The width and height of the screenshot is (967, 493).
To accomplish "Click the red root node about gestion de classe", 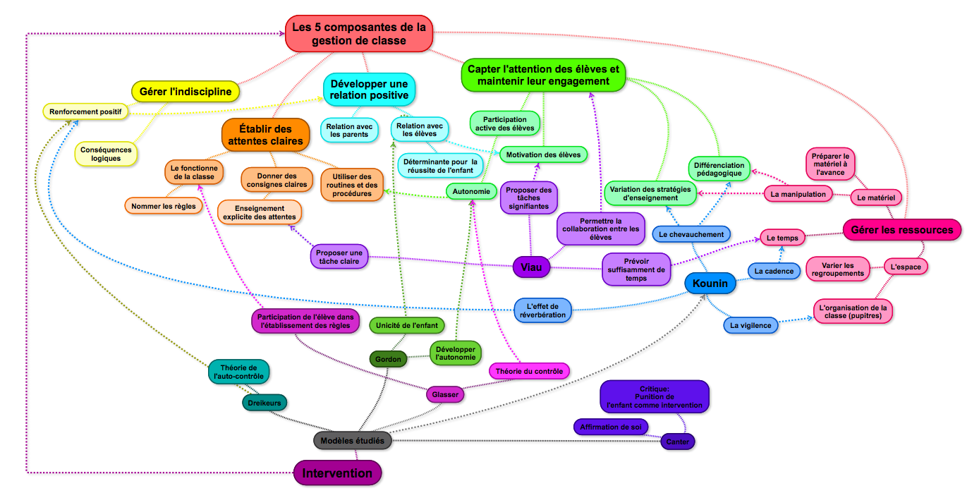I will pyautogui.click(x=359, y=34).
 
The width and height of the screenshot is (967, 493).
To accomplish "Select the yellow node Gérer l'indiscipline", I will pyautogui.click(x=186, y=92).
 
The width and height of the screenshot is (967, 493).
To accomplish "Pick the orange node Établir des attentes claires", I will pyautogui.click(x=265, y=135).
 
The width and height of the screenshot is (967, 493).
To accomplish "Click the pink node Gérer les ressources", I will pyautogui.click(x=901, y=229).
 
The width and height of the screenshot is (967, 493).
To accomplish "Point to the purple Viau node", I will pyautogui.click(x=531, y=267).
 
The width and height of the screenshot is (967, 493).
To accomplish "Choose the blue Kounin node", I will pyautogui.click(x=710, y=284).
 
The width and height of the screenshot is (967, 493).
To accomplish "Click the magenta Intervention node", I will pyautogui.click(x=337, y=473).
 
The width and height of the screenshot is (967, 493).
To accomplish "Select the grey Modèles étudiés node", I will pyautogui.click(x=352, y=440).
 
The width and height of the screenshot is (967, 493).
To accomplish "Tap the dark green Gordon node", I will pyautogui.click(x=388, y=359).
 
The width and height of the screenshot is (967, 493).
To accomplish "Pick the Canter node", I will pyautogui.click(x=677, y=442).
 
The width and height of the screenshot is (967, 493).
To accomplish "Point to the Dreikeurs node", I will pyautogui.click(x=264, y=403).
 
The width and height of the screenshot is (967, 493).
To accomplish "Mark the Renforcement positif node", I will pyautogui.click(x=85, y=111).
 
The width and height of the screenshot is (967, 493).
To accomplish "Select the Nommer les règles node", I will pyautogui.click(x=163, y=206).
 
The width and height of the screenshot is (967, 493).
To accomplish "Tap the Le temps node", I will pyautogui.click(x=782, y=238).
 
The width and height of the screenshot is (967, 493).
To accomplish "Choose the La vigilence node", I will pyautogui.click(x=750, y=325).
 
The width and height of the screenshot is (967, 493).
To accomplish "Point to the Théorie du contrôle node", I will pyautogui.click(x=529, y=371).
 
